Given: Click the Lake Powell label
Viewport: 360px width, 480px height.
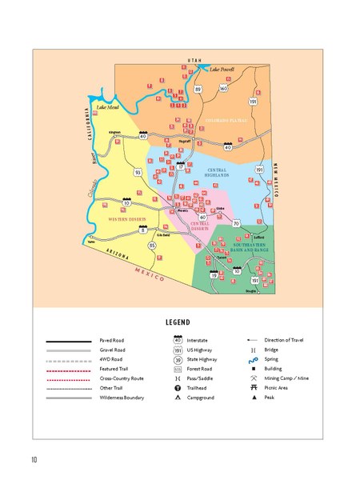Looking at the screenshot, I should pos(222,69).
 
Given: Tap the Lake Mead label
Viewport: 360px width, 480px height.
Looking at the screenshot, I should pos(107,106).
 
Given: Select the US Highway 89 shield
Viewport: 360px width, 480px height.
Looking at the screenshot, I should pos(198,89).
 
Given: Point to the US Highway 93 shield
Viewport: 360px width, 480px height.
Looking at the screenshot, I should pos(138,172).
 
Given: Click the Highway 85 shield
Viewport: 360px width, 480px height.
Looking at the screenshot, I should pos(153,245).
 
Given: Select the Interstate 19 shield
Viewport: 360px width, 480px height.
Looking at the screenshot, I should pos(214,274).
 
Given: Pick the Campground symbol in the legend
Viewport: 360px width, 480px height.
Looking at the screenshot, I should pos(177,397).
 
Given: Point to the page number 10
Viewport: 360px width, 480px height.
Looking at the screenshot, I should pos(34,459).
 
